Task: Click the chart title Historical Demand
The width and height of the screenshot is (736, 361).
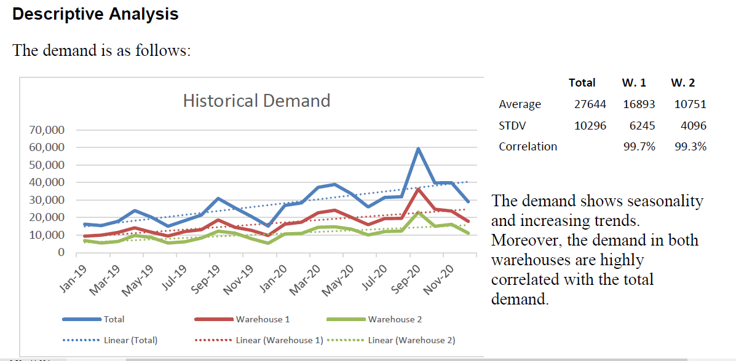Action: point(256,101)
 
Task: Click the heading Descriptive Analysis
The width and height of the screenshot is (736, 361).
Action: point(95,14)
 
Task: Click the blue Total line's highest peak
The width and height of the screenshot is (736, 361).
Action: point(418,149)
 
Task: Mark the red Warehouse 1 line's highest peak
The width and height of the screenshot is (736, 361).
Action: point(418,189)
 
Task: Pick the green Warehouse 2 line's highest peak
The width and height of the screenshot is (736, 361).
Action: point(418,212)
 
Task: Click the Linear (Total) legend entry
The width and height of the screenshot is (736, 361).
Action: point(130,340)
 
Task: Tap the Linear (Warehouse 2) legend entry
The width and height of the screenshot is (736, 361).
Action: point(411,340)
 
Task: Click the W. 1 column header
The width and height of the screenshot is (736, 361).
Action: point(633,83)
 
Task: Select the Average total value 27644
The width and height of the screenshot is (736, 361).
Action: point(590,104)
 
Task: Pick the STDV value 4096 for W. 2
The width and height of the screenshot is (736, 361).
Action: point(694,125)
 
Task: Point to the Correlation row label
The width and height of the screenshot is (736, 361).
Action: point(528,147)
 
